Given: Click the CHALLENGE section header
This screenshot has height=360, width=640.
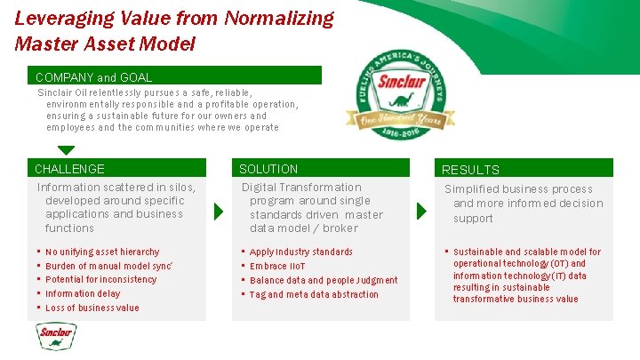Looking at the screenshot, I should (69, 169).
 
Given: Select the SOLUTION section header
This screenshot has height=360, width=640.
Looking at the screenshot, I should (268, 169).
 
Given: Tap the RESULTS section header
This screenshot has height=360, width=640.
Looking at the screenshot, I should (470, 170).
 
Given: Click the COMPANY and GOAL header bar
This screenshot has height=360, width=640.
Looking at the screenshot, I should (93, 77).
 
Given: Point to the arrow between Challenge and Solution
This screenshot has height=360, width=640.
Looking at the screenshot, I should (219, 212).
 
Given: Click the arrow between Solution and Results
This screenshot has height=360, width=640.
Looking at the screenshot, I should (422, 212).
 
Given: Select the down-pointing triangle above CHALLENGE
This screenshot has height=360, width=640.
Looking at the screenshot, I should (66, 150).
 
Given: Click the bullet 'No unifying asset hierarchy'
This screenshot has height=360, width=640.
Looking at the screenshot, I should (102, 252).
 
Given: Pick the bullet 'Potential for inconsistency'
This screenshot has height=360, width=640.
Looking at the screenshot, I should (100, 279).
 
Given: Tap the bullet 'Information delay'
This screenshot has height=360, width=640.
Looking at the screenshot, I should (82, 293).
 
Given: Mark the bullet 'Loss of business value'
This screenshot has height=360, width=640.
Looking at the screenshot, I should (92, 308).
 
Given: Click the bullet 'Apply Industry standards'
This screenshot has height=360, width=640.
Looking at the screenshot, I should (300, 252).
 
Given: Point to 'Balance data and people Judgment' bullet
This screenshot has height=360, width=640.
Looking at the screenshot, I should (324, 280).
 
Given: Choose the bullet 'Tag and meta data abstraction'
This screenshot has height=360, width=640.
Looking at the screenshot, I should (314, 294).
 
